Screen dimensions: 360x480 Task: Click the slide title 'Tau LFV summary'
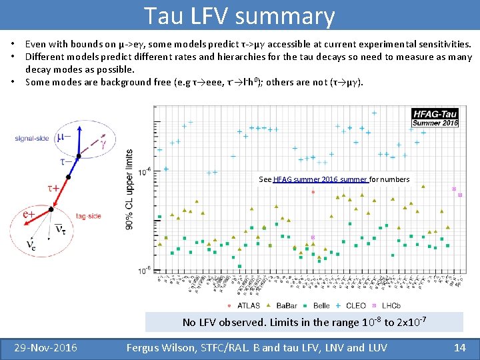tap(239, 15)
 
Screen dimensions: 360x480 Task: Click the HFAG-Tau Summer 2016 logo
tap(435, 118)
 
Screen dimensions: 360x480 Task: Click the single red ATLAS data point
tap(313, 192)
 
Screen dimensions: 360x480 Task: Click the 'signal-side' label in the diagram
tap(33, 138)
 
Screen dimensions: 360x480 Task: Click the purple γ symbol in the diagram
tap(103, 141)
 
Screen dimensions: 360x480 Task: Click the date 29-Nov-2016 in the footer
tap(47, 347)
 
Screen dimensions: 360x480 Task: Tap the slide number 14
tap(459, 347)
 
